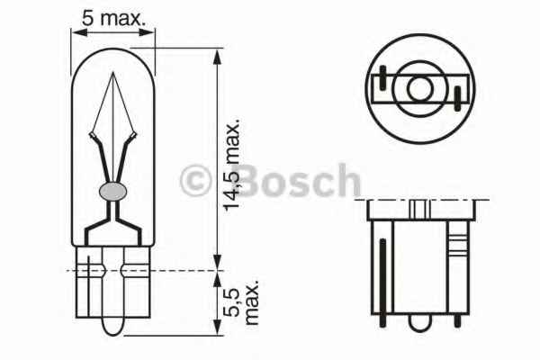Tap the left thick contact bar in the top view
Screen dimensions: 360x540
(384, 85)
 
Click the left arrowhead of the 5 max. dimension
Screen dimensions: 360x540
(76, 32)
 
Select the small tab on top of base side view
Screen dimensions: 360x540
(419, 208)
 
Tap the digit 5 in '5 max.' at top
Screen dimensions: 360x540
(88, 15)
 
